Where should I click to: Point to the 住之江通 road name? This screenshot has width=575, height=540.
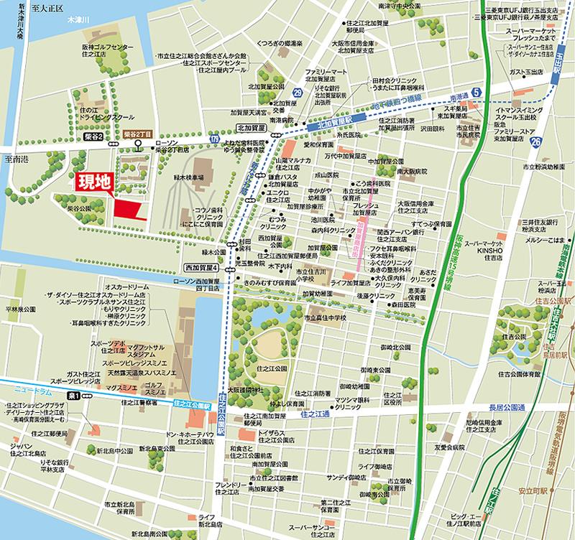pos(314,414)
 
